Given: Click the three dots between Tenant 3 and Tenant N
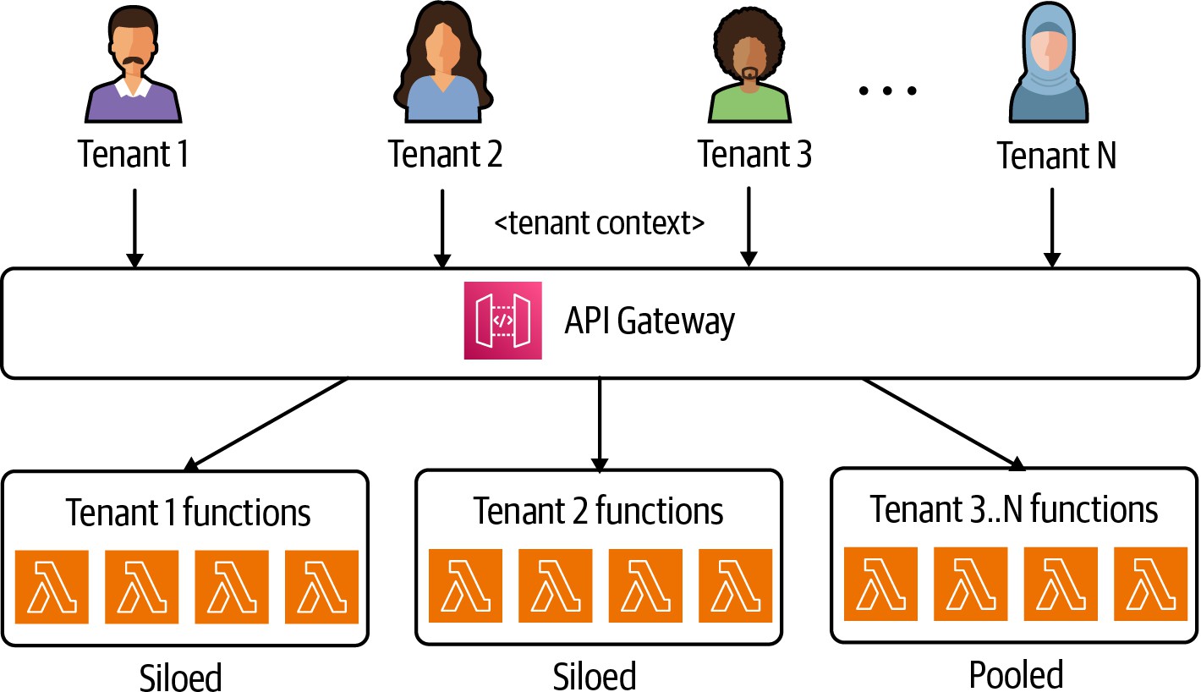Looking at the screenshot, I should point(887,89).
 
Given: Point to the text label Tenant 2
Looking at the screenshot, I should point(445,155).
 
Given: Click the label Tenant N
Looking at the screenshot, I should point(1056,157).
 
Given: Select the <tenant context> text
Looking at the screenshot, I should point(599,224).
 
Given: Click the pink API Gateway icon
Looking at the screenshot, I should point(502,321).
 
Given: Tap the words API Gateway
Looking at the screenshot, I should point(650,321).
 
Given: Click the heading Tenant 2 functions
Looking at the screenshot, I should point(598,511).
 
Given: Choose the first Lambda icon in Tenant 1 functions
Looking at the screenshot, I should point(52,587).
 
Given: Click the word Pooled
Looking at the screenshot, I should point(1016,674).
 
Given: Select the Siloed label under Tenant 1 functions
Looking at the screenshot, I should point(179,678).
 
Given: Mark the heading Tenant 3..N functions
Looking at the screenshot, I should point(1014,509).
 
